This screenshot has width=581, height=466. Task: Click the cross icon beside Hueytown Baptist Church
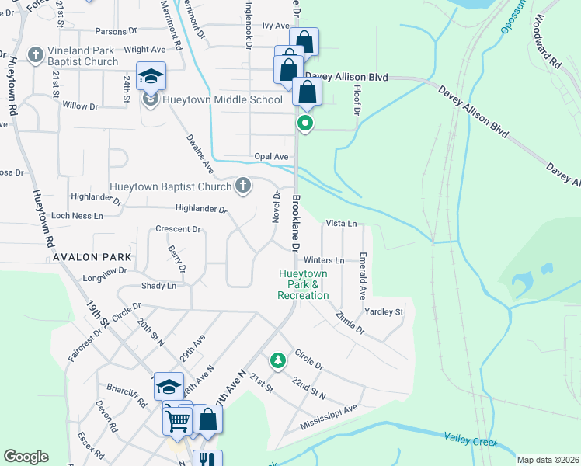pos(243,186)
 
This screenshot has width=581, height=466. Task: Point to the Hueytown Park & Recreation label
pos(304,284)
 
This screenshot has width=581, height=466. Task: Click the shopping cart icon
pos(177,420)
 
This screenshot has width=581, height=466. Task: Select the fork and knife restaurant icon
pos(207,460)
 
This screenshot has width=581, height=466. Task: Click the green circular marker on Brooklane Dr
pos(306,123)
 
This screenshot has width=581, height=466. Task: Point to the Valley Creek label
pos(470,440)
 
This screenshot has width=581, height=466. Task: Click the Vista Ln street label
pos(341,223)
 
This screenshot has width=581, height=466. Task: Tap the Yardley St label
pos(384,311)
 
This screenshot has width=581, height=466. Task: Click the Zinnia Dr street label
pos(350,323)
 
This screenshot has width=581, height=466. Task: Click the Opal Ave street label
pos(271,156)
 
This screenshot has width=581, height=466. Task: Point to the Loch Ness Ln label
pos(77,215)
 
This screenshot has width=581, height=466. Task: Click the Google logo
pos(26,457)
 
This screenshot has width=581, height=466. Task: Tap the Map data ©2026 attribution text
pos(548,460)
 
